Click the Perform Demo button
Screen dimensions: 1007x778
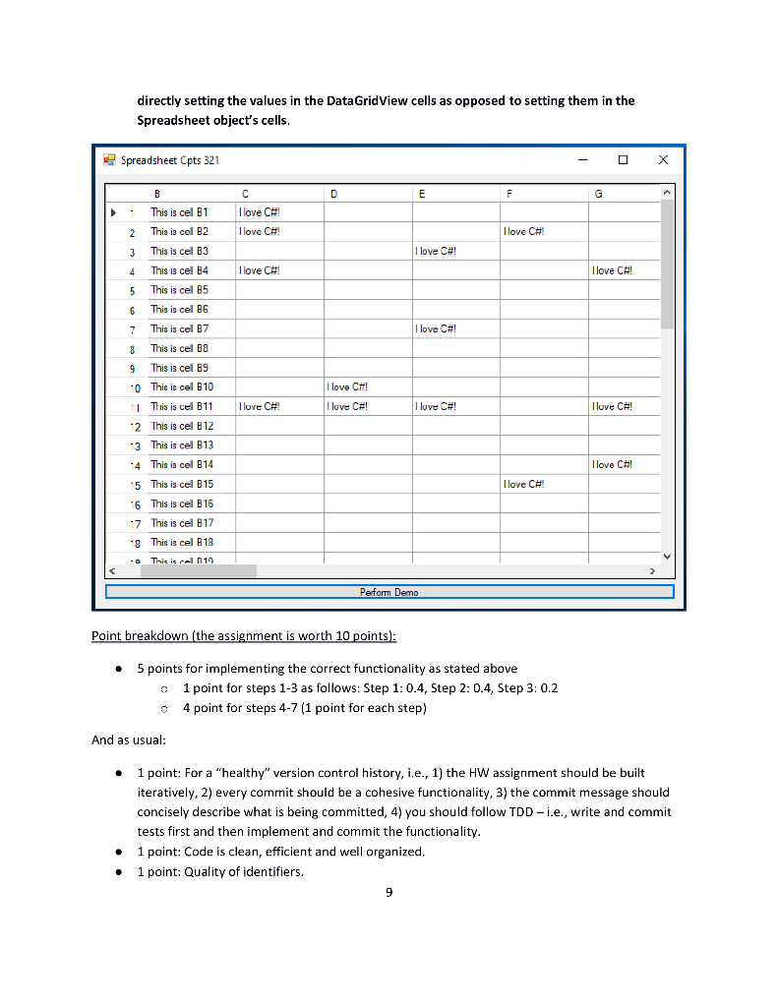coord(389,592)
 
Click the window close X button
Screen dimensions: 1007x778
coord(662,159)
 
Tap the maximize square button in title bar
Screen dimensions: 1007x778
coord(623,159)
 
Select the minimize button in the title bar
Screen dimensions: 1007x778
coord(583,159)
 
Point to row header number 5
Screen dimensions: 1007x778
coord(131,290)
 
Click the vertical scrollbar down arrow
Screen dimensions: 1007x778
coord(667,557)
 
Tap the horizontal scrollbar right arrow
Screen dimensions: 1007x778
coord(651,570)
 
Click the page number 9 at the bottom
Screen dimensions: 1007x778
coord(389,892)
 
